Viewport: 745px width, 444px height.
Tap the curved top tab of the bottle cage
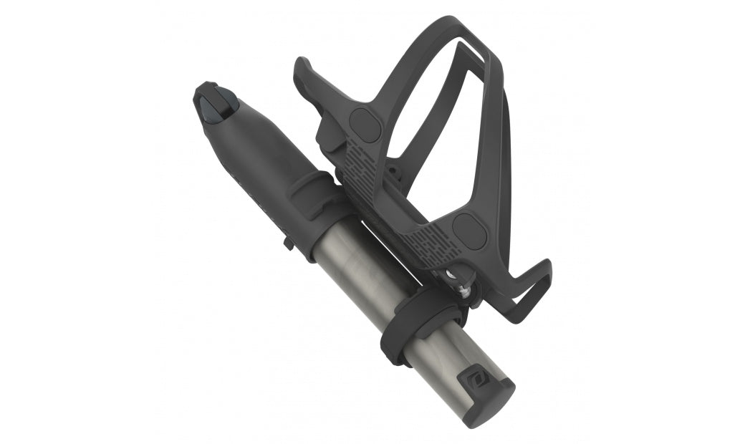coord(309,79)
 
